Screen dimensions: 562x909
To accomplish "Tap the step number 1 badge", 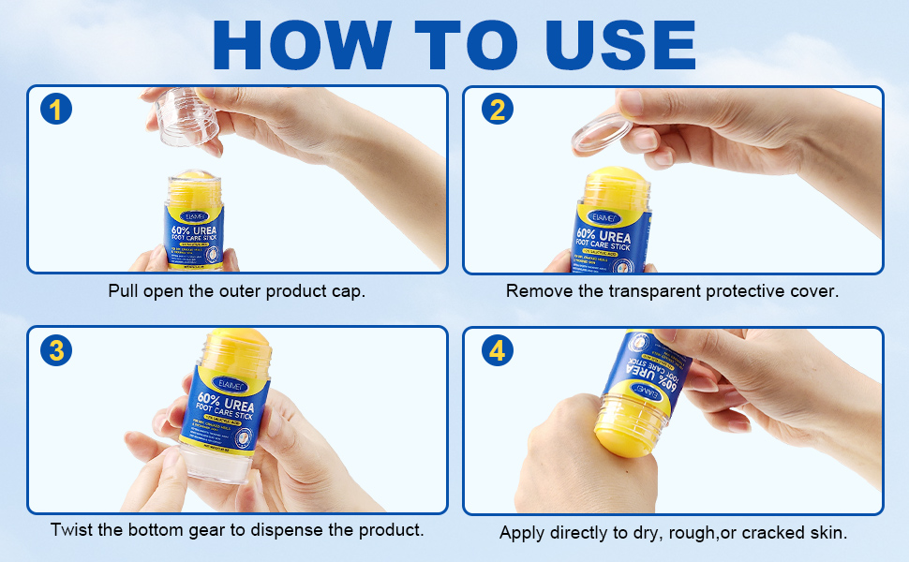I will [x=56, y=110].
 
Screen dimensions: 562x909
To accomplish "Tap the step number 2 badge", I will [x=497, y=110].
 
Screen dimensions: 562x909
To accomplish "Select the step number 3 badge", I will [x=56, y=351].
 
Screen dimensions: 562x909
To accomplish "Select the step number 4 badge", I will [x=497, y=351].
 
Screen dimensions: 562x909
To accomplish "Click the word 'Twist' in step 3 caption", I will [x=71, y=530].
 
